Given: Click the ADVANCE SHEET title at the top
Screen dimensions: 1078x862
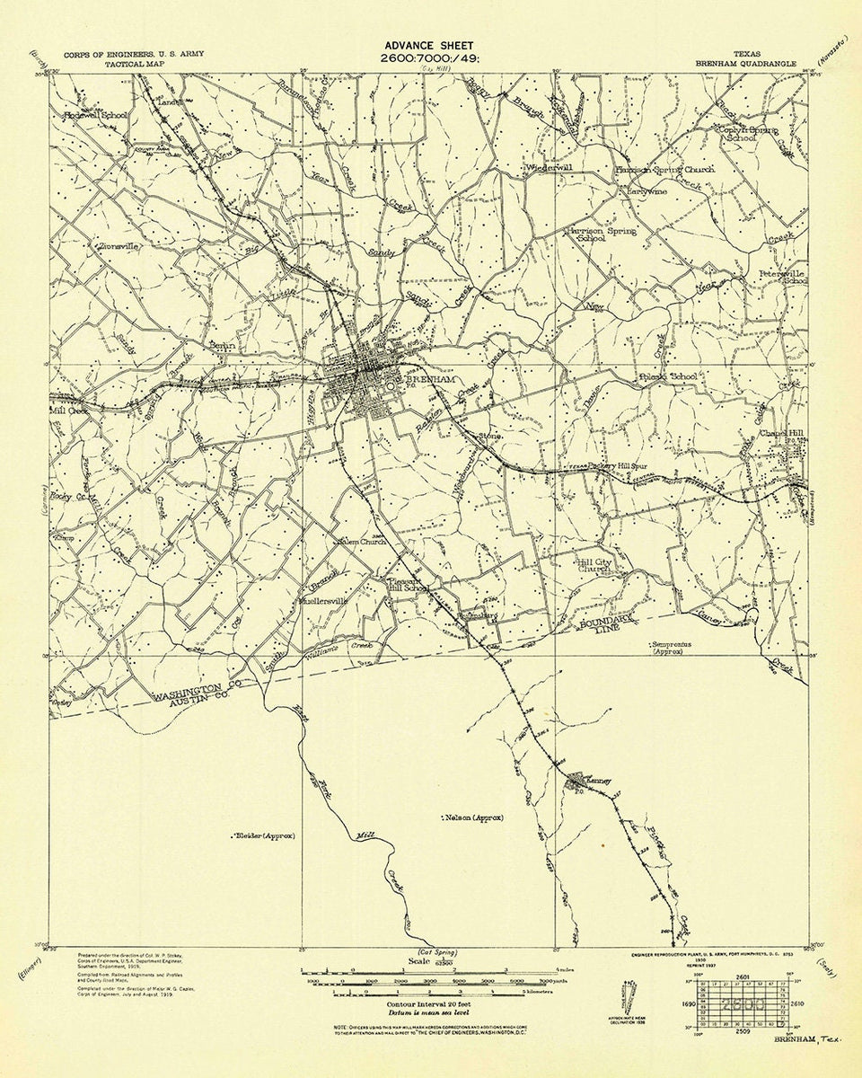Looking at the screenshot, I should point(429,45).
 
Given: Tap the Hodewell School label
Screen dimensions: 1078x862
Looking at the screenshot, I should point(95,116).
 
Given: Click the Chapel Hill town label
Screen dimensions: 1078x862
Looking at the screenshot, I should point(780,431).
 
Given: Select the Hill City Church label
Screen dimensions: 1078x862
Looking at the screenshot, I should point(594,566).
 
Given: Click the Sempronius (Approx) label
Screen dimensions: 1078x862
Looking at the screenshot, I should point(679,648).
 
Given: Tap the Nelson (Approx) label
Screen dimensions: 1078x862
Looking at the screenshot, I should point(473,817).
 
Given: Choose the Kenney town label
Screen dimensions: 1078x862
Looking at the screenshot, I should point(598,781).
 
